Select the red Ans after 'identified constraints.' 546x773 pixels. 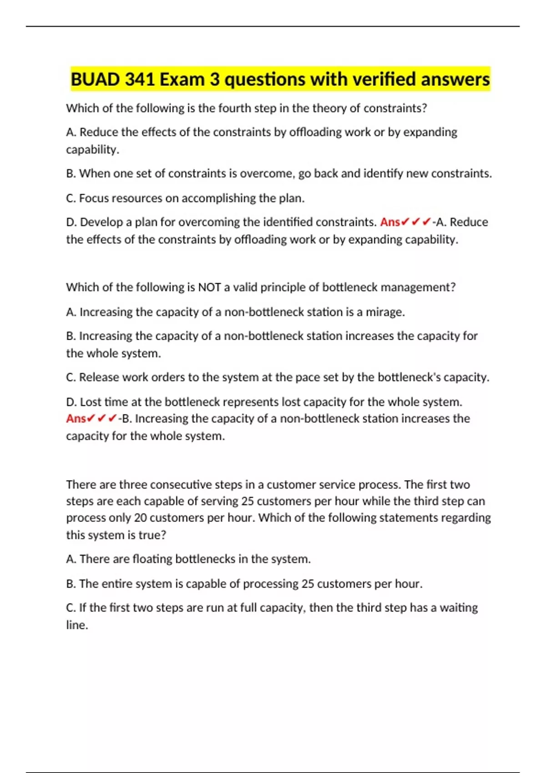pyautogui.click(x=390, y=222)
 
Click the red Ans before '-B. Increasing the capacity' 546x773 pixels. pyautogui.click(x=76, y=418)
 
